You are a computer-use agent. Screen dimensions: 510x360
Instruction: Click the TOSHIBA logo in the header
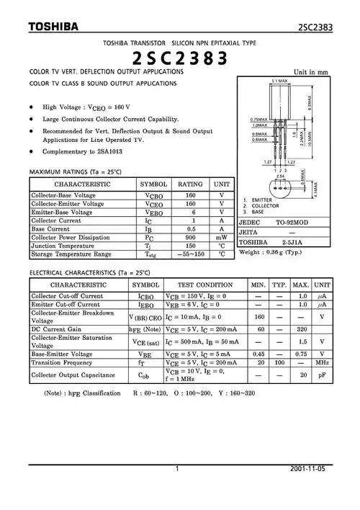pyautogui.click(x=53, y=28)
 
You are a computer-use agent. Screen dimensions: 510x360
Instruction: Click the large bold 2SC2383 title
pyautogui.click(x=180, y=58)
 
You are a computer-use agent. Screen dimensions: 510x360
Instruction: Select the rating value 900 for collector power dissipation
pyautogui.click(x=190, y=237)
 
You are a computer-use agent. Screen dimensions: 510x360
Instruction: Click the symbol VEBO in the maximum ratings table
pyautogui.click(x=153, y=212)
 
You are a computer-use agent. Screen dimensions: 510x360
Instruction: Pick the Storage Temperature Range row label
pyautogui.click(x=71, y=254)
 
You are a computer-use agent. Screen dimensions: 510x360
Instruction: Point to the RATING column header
pyautogui.click(x=190, y=184)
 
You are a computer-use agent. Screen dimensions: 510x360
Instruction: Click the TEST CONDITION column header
pyautogui.click(x=204, y=285)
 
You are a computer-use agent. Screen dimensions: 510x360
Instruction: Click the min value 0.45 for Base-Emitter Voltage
pyautogui.click(x=258, y=354)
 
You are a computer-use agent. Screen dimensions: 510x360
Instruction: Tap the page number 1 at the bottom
pyautogui.click(x=177, y=469)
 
